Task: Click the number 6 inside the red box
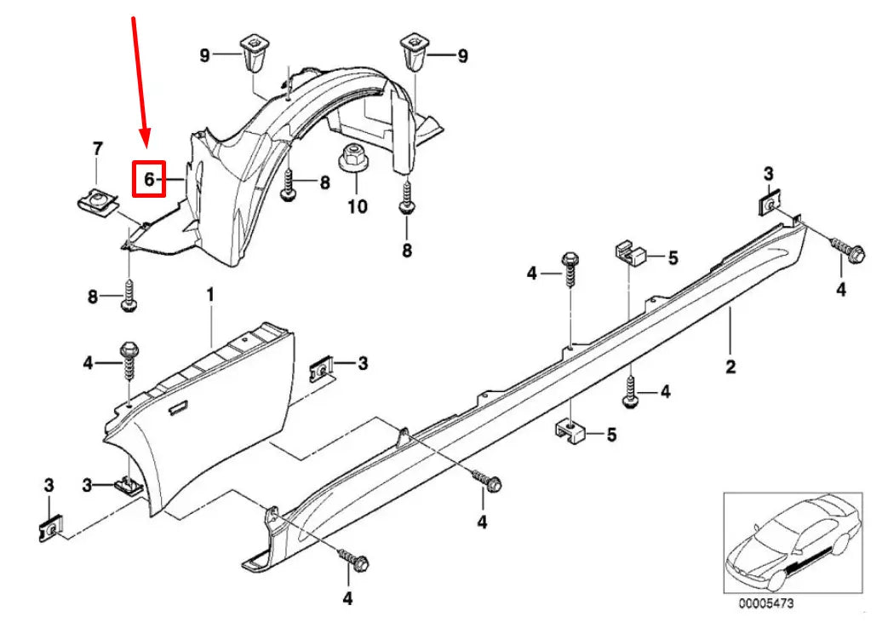(148, 180)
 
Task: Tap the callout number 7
(96, 150)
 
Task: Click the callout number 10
(357, 206)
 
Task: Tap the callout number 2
(730, 367)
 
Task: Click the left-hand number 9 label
(204, 56)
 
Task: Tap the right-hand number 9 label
(462, 56)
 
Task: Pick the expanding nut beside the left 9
(253, 53)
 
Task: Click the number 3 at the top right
(768, 174)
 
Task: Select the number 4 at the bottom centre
(347, 598)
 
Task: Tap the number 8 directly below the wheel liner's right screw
(406, 251)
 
